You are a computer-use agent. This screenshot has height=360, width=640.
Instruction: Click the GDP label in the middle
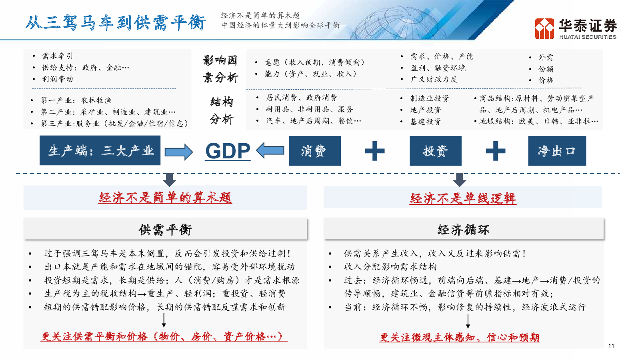coord(228,151)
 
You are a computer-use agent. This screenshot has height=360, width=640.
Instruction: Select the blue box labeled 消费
coord(314,151)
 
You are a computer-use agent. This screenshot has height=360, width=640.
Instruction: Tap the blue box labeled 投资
coord(436,151)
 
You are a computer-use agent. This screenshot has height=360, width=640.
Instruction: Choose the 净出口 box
coord(557,151)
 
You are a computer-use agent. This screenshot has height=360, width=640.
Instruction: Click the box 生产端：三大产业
coord(100,150)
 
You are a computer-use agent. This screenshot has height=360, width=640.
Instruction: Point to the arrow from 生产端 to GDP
coord(178,152)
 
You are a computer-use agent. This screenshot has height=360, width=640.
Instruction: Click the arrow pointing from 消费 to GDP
coord(270,150)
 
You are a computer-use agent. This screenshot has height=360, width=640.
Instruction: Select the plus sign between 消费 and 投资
coord(374,151)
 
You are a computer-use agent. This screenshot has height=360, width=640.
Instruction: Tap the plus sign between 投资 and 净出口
coord(496,151)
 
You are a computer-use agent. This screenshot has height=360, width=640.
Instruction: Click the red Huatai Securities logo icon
coord(544,28)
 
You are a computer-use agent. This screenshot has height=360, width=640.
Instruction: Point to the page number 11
coord(611,346)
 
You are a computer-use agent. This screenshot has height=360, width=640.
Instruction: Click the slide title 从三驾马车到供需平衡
coord(116,22)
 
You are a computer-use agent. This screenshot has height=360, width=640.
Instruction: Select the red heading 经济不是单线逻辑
coord(463,198)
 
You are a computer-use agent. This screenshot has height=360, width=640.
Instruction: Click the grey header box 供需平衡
coord(166,229)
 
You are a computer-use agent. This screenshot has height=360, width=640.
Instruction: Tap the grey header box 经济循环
coord(464,229)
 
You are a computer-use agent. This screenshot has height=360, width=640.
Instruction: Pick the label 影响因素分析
coord(220,69)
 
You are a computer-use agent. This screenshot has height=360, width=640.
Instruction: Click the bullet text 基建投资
coord(426,122)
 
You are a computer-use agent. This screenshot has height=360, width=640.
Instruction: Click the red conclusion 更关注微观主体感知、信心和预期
coord(460,338)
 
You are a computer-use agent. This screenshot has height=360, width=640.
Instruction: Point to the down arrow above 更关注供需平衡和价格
coord(164,320)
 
